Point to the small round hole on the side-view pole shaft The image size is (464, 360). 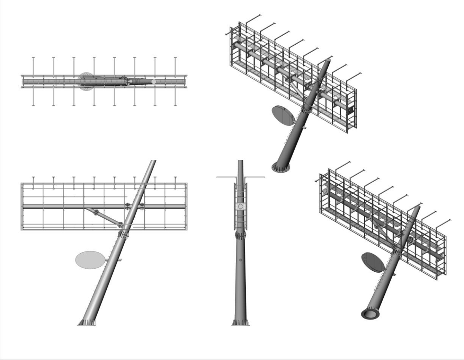tap(240, 260)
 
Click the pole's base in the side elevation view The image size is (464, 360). tap(240, 322)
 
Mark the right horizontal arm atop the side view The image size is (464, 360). tap(256, 177)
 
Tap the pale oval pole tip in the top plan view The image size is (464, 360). tap(154, 81)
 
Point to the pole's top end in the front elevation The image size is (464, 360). tap(152, 161)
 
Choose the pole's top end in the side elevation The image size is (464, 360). tap(240, 161)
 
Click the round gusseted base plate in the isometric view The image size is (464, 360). tap(281, 168)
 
